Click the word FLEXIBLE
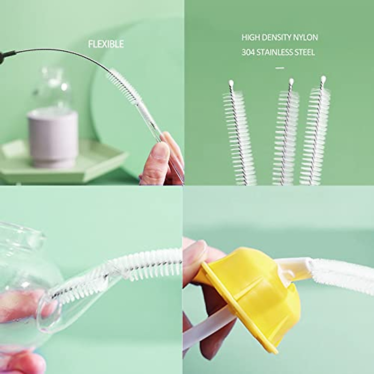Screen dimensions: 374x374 click(106, 44)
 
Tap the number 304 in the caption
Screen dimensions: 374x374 click(248, 52)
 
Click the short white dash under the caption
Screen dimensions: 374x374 click(280, 68)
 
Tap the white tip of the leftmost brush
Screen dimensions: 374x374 click(231, 83)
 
